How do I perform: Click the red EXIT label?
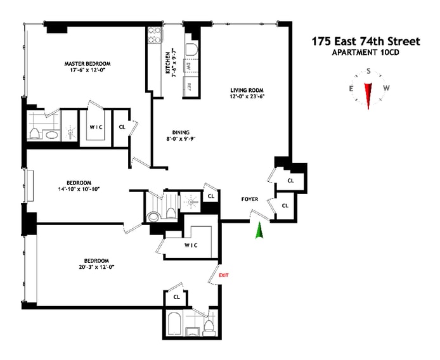pyautogui.click(x=223, y=275)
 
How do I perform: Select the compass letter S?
pyautogui.click(x=368, y=72)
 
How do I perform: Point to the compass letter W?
pyautogui.click(x=387, y=88)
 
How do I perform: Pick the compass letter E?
pyautogui.click(x=350, y=88)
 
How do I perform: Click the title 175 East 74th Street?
pyautogui.click(x=366, y=41)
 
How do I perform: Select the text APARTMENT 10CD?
pyautogui.click(x=366, y=53)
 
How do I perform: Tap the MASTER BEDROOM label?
pyautogui.click(x=87, y=64)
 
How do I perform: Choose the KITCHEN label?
pyautogui.click(x=167, y=63)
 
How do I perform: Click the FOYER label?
pyautogui.click(x=249, y=199)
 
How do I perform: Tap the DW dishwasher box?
pyautogui.click(x=189, y=66)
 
